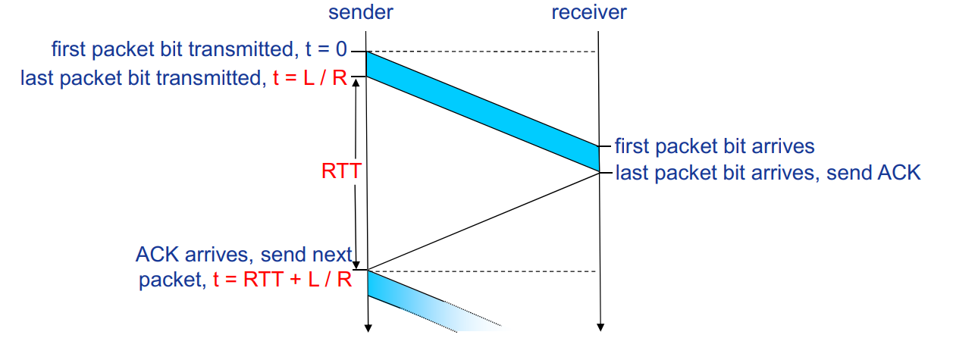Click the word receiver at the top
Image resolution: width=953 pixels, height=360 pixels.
[x=588, y=13]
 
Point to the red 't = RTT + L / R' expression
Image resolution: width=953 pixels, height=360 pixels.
[x=281, y=280]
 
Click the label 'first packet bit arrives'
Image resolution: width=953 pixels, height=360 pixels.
[x=714, y=146]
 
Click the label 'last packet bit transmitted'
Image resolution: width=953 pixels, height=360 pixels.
[x=141, y=77]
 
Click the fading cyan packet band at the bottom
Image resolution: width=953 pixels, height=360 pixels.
[x=425, y=303]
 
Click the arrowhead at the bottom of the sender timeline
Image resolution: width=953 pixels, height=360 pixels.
[x=367, y=327]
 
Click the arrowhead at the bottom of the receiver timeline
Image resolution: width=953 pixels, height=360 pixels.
[x=600, y=327]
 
